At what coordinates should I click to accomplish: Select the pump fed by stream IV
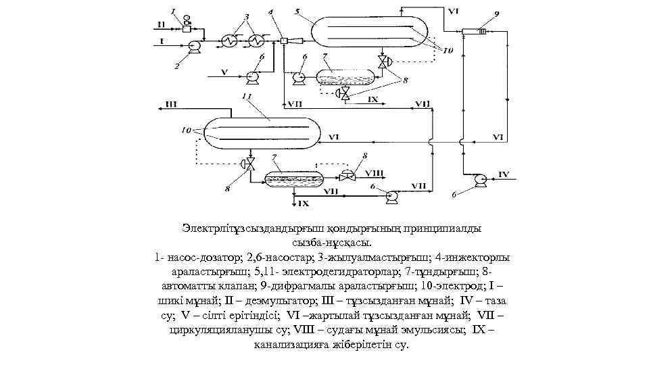pyautogui.click(x=479, y=178)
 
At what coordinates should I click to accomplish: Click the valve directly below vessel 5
pyautogui.click(x=384, y=63)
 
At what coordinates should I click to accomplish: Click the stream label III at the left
pyautogui.click(x=171, y=105)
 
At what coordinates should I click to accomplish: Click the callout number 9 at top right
pyautogui.click(x=497, y=13)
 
